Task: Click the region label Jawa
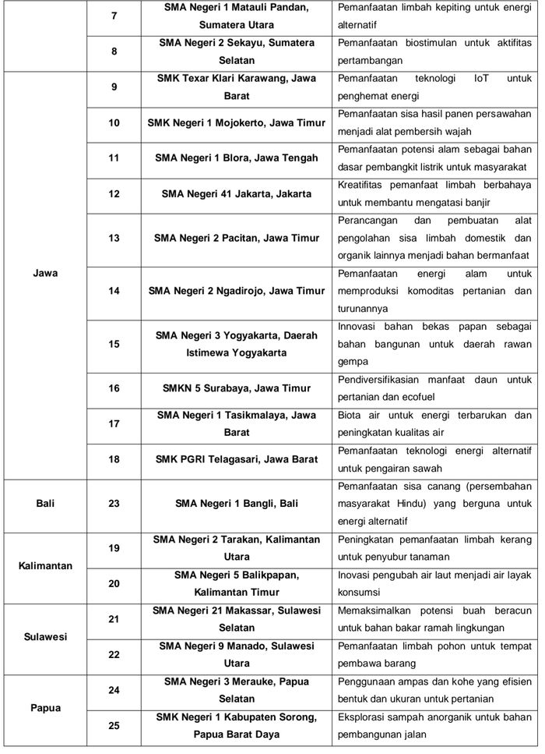[46, 274]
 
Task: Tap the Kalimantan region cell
[45, 565]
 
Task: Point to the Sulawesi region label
[45, 636]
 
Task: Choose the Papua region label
[45, 708]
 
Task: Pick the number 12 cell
[114, 193]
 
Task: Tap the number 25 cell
[114, 725]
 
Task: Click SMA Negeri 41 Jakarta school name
[236, 193]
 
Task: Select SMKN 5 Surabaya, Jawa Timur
[236, 388]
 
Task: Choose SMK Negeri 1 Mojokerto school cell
[236, 122]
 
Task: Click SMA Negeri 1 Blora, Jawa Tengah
[236, 158]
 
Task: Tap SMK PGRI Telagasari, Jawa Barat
[236, 459]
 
